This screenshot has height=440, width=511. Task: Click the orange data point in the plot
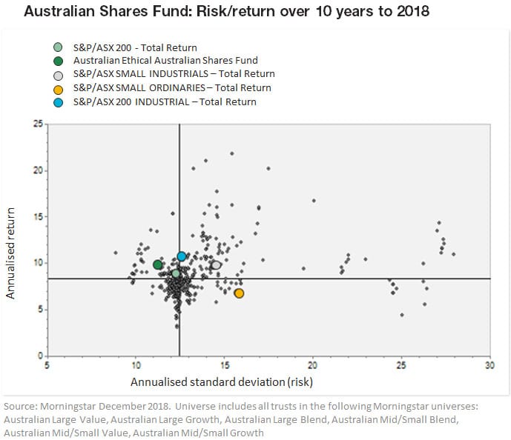239,293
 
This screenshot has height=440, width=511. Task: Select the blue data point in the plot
182,256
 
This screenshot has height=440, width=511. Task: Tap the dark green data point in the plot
157,264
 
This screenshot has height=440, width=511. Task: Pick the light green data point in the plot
176,273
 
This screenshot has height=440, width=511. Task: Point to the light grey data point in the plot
217,264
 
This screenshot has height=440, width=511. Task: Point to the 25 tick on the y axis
37,124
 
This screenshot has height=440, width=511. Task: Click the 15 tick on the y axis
37,216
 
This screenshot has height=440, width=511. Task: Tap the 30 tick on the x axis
489,366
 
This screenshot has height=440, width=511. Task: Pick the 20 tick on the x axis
312,366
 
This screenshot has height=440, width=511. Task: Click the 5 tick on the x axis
47,366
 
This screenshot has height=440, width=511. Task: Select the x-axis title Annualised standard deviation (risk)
222,382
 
